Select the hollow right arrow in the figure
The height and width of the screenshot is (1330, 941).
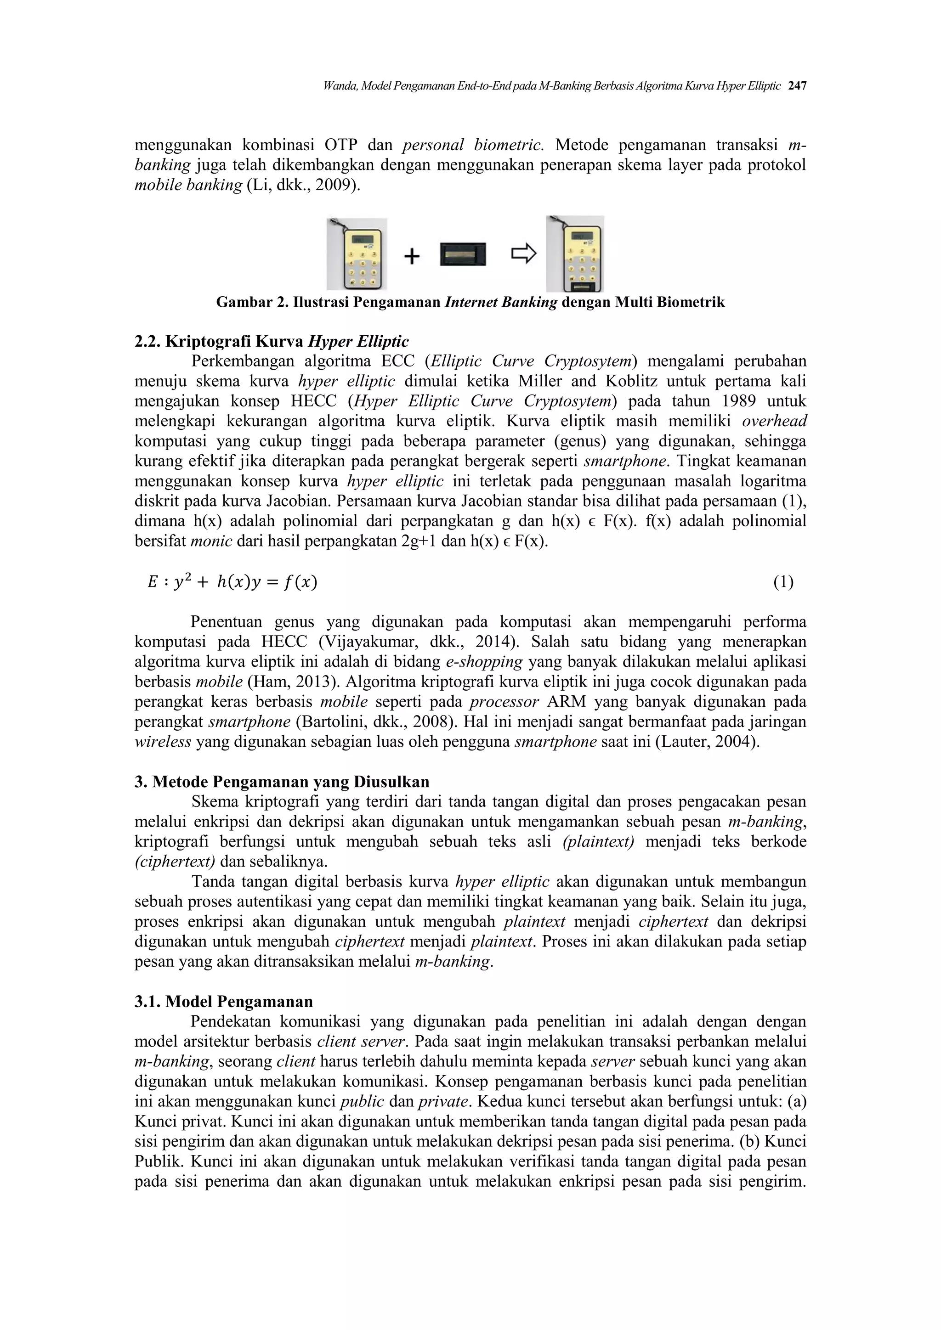tap(523, 254)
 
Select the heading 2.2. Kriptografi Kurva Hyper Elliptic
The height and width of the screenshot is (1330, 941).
tap(271, 341)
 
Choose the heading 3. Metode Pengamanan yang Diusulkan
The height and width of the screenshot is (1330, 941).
tap(282, 782)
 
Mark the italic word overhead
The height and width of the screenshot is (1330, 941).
tap(774, 421)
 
